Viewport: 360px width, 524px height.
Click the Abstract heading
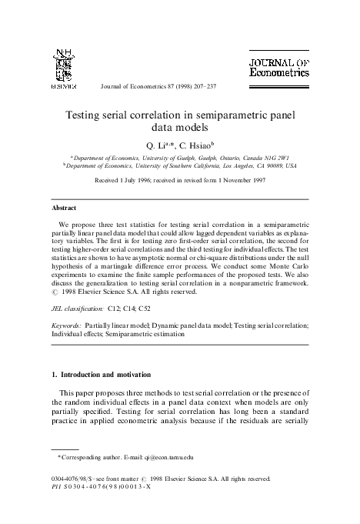[x=63, y=208]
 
